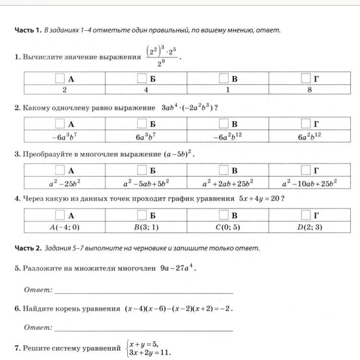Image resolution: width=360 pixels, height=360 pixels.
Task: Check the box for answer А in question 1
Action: [x=60, y=78]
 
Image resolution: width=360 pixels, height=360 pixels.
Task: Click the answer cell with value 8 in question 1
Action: [x=309, y=90]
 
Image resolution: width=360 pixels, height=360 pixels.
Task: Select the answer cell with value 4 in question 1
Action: [x=146, y=90]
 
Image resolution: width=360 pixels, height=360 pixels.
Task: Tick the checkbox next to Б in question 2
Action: [x=142, y=124]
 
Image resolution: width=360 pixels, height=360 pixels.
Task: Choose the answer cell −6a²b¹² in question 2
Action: [x=228, y=136]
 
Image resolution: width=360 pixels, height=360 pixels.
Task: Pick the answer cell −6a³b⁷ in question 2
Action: [x=64, y=136]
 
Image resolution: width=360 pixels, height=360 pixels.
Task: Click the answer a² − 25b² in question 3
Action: [x=64, y=183]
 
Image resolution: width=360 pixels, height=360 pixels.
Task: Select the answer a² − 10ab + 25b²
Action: [x=309, y=183]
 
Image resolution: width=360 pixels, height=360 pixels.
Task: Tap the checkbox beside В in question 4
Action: [x=224, y=215]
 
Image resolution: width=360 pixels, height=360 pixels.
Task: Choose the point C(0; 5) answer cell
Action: [x=228, y=228]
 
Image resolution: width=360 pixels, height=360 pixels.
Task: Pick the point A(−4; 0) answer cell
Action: [x=64, y=228]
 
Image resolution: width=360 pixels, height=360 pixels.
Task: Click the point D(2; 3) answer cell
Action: [x=309, y=228]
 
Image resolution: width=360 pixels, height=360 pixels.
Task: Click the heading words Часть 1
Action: [x=28, y=30]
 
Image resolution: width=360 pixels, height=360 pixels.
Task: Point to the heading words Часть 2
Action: [x=28, y=248]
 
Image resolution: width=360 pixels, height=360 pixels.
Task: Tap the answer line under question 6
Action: [x=144, y=330]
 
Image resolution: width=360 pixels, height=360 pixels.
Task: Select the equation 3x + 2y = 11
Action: [x=150, y=352]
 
